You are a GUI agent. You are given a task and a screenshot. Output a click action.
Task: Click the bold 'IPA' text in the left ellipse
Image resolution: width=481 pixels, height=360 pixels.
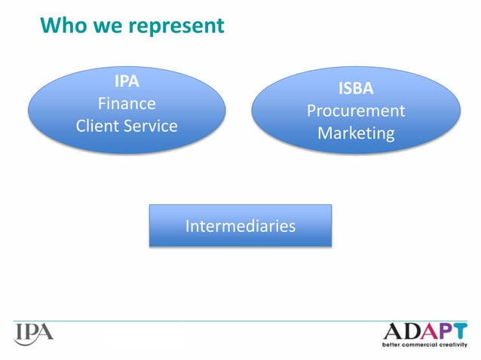(127, 81)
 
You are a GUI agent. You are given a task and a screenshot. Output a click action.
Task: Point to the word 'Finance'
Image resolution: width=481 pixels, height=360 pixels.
(127, 102)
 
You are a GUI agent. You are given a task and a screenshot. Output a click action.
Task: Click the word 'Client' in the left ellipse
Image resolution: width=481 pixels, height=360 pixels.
(98, 125)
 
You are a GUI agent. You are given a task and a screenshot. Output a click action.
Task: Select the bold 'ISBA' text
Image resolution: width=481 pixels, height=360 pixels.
(355, 88)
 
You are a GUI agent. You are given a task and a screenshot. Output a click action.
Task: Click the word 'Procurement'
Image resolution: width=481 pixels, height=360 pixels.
(355, 111)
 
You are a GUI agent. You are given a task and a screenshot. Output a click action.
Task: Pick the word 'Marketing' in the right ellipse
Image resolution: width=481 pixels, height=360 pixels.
(355, 133)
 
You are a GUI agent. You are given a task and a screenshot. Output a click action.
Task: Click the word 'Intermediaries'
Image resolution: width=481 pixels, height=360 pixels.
(240, 225)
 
